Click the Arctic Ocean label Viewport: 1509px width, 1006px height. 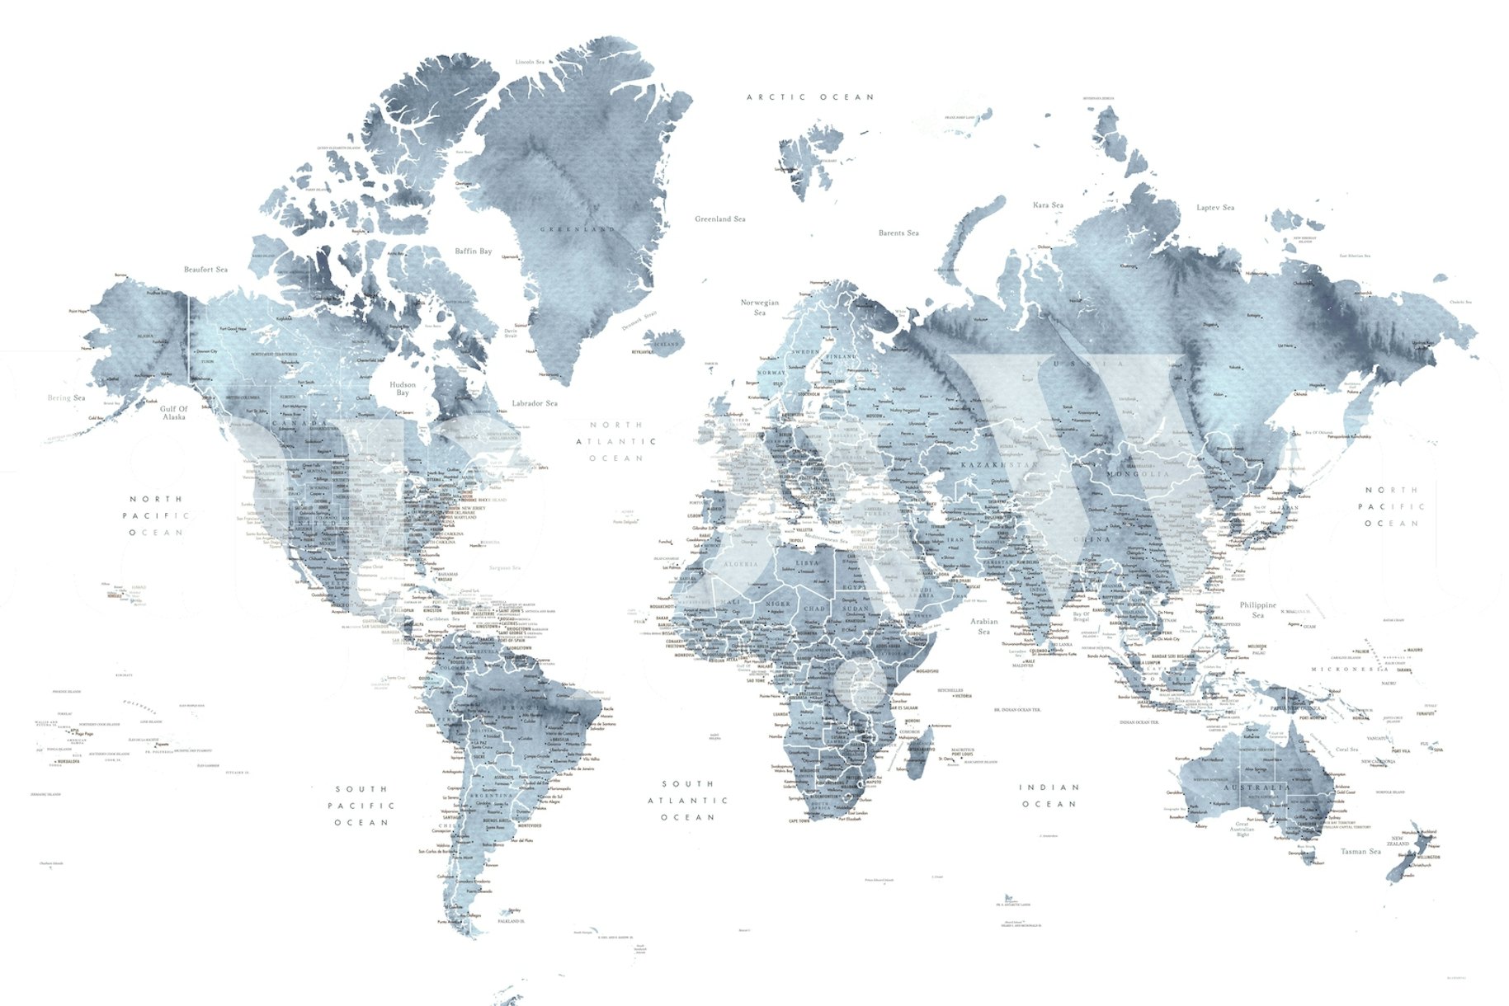(809, 97)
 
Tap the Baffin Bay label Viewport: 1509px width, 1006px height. (473, 251)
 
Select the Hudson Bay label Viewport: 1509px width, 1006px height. (403, 388)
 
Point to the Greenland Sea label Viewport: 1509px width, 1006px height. (719, 219)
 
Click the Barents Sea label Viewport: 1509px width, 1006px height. (898, 233)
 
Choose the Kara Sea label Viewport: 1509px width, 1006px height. (1048, 205)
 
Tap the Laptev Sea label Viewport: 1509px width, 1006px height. (1215, 208)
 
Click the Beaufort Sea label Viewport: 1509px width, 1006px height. (205, 270)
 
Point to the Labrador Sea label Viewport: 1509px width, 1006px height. (534, 403)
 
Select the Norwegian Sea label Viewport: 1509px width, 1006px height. (760, 308)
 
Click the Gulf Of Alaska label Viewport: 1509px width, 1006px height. (174, 413)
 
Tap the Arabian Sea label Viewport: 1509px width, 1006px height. (983, 626)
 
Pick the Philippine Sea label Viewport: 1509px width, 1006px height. (1257, 609)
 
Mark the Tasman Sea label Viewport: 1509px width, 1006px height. (1360, 851)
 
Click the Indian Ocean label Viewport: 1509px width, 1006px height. (1049, 796)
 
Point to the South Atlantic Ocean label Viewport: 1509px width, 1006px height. (687, 800)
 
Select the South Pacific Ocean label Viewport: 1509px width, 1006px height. (361, 806)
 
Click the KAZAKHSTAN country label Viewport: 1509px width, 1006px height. (998, 465)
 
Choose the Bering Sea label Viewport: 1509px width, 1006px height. (66, 398)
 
